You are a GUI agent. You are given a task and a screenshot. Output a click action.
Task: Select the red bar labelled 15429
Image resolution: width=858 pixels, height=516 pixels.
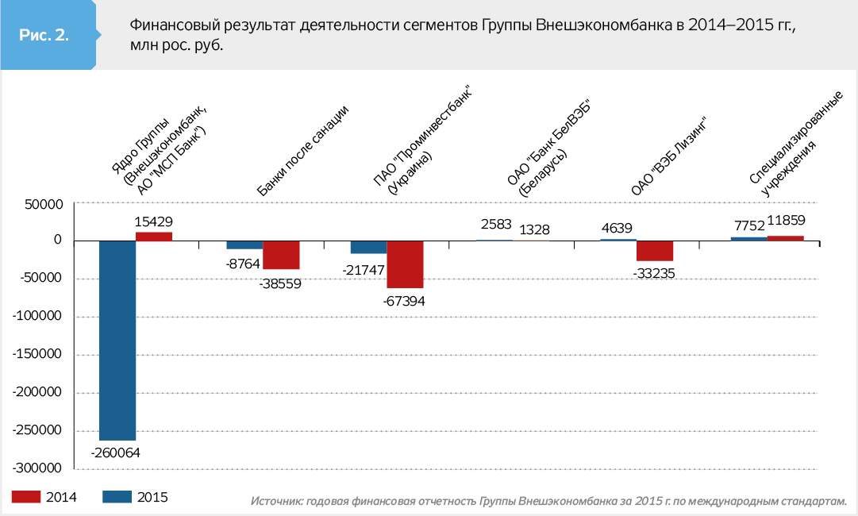[x=154, y=236]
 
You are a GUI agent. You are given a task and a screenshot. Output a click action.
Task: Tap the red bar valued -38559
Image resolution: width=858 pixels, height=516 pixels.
[x=281, y=255]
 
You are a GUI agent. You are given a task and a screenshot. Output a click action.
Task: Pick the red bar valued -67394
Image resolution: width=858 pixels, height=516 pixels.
[x=405, y=264]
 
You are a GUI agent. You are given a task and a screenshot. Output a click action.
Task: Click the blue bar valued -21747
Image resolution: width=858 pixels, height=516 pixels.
[x=368, y=247]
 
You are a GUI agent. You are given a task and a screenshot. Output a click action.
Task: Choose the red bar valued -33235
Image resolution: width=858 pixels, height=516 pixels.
[x=655, y=251]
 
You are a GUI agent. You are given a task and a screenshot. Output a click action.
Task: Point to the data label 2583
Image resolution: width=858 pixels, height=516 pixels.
[x=496, y=225]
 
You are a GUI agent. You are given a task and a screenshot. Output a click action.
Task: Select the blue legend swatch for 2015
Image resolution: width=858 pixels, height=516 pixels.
[x=117, y=497]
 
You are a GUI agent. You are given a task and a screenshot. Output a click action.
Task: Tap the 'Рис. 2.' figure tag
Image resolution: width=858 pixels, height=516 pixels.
[x=44, y=35]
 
